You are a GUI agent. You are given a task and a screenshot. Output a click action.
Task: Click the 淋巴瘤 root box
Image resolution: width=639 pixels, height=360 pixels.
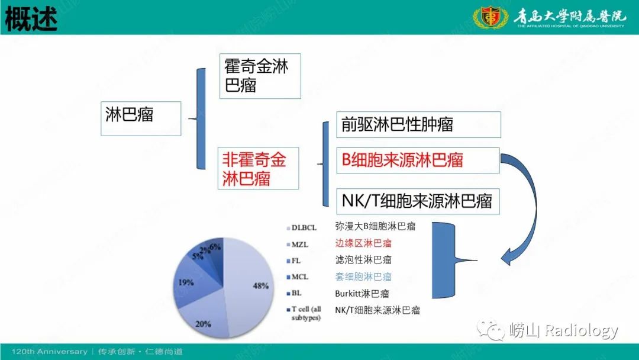140,118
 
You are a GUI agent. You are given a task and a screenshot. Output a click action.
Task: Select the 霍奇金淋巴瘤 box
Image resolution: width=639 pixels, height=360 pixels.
260,76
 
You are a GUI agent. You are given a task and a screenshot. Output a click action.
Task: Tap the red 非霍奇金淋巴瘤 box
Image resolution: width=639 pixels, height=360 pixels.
257,168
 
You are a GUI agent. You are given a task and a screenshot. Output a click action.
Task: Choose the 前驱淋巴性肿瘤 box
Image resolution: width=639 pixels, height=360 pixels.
418,124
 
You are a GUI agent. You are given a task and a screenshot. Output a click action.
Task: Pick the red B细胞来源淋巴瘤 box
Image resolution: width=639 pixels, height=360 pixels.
418,160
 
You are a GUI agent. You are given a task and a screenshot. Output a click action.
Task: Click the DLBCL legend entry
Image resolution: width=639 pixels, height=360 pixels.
305,227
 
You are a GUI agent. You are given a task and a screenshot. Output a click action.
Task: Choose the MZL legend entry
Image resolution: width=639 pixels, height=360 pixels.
301,243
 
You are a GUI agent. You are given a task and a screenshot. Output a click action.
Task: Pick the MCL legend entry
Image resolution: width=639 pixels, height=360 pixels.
301,277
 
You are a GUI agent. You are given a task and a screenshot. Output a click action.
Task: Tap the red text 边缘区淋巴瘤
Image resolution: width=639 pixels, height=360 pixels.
363,243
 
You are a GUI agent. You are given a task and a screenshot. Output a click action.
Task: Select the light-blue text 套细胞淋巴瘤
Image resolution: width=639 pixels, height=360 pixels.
363,277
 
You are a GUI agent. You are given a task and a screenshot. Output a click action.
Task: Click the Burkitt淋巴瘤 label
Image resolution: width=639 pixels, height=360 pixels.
362,293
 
